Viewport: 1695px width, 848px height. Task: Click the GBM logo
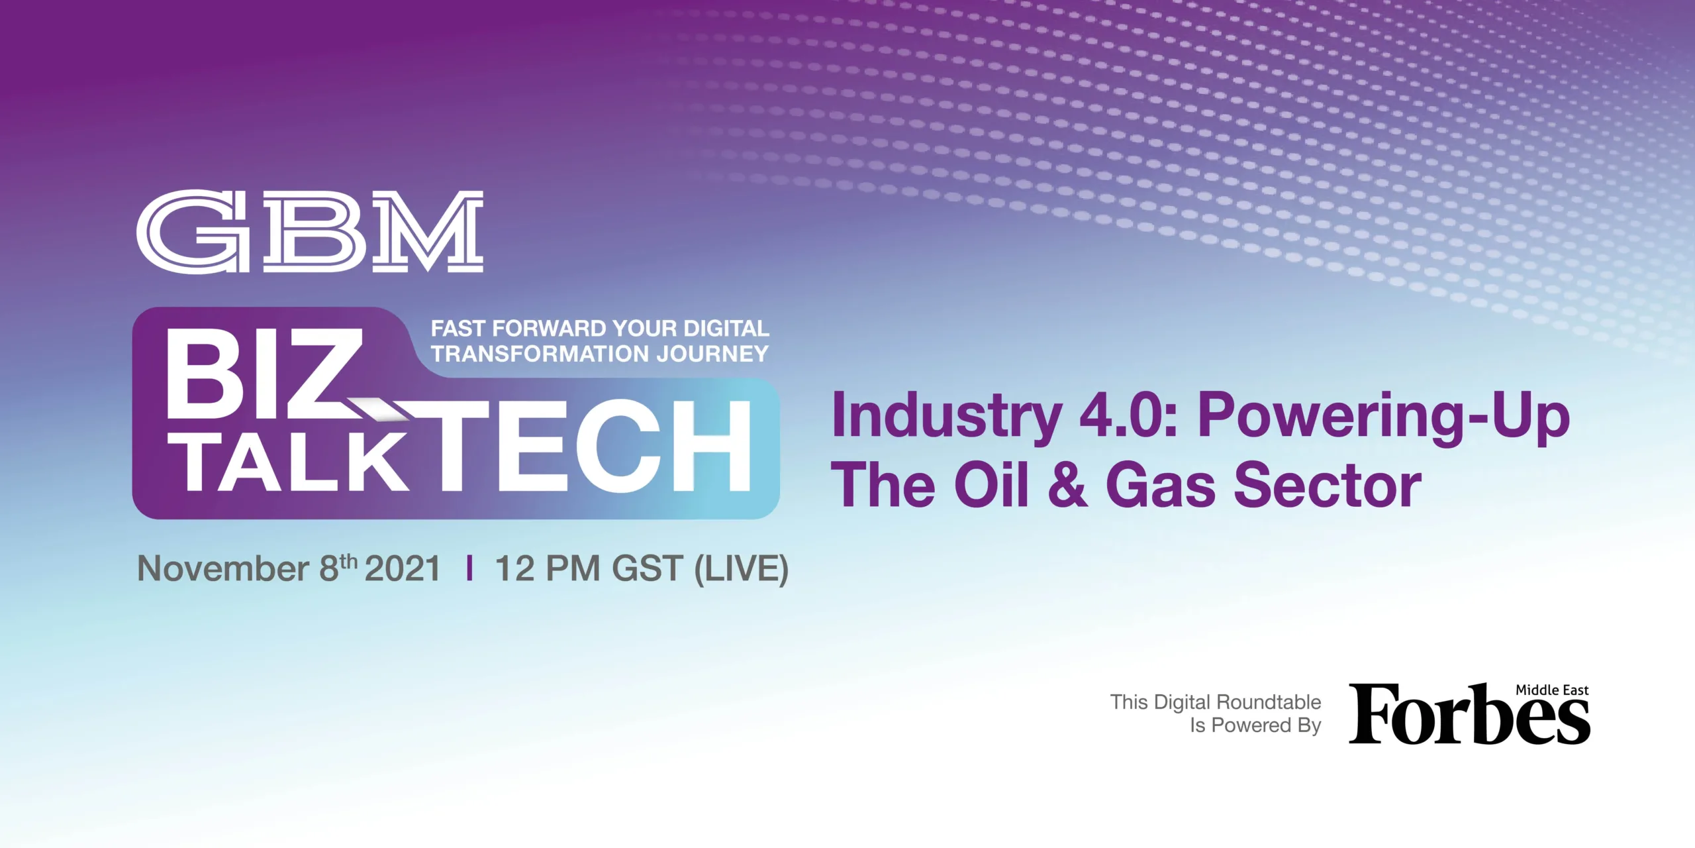click(310, 231)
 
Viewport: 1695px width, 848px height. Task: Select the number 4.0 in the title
click(1119, 415)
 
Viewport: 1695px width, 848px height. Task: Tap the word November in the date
click(222, 568)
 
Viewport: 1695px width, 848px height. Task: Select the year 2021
click(403, 568)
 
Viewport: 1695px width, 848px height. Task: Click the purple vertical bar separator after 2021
click(469, 568)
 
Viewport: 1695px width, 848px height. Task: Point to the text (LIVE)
click(742, 569)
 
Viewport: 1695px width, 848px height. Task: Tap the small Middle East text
click(1552, 690)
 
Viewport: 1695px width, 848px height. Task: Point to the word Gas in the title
click(1163, 485)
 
